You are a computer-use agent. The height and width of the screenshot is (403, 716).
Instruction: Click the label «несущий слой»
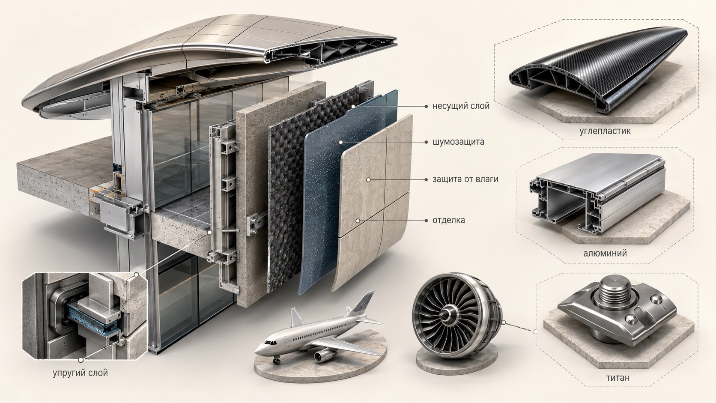pyautogui.click(x=461, y=106)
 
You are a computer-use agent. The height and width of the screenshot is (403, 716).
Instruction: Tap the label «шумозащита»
pyautogui.click(x=458, y=142)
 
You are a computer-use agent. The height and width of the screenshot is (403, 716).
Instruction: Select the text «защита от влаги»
pyautogui.click(x=465, y=179)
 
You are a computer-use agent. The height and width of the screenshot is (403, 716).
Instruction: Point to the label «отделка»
pyautogui.click(x=449, y=220)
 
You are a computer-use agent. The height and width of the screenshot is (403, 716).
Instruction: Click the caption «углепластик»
pyautogui.click(x=605, y=131)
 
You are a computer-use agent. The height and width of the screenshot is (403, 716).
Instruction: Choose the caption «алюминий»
pyautogui.click(x=605, y=254)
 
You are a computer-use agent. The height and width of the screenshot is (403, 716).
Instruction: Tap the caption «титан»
pyautogui.click(x=618, y=378)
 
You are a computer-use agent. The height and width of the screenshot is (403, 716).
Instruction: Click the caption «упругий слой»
pyautogui.click(x=80, y=373)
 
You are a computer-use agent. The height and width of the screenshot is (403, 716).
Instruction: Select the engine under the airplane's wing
pyautogui.click(x=323, y=355)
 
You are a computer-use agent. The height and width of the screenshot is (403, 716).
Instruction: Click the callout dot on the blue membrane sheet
pyautogui.click(x=341, y=142)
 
